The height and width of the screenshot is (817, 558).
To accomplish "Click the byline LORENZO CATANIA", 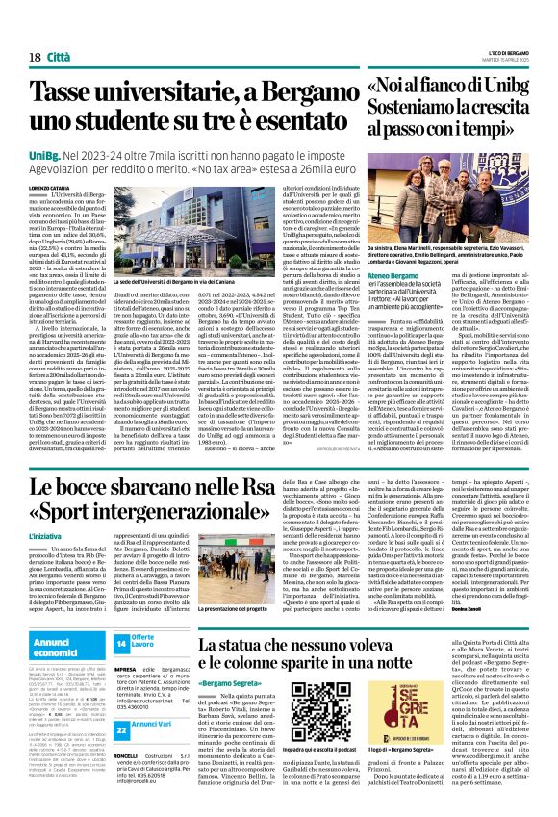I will (x=50, y=189).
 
